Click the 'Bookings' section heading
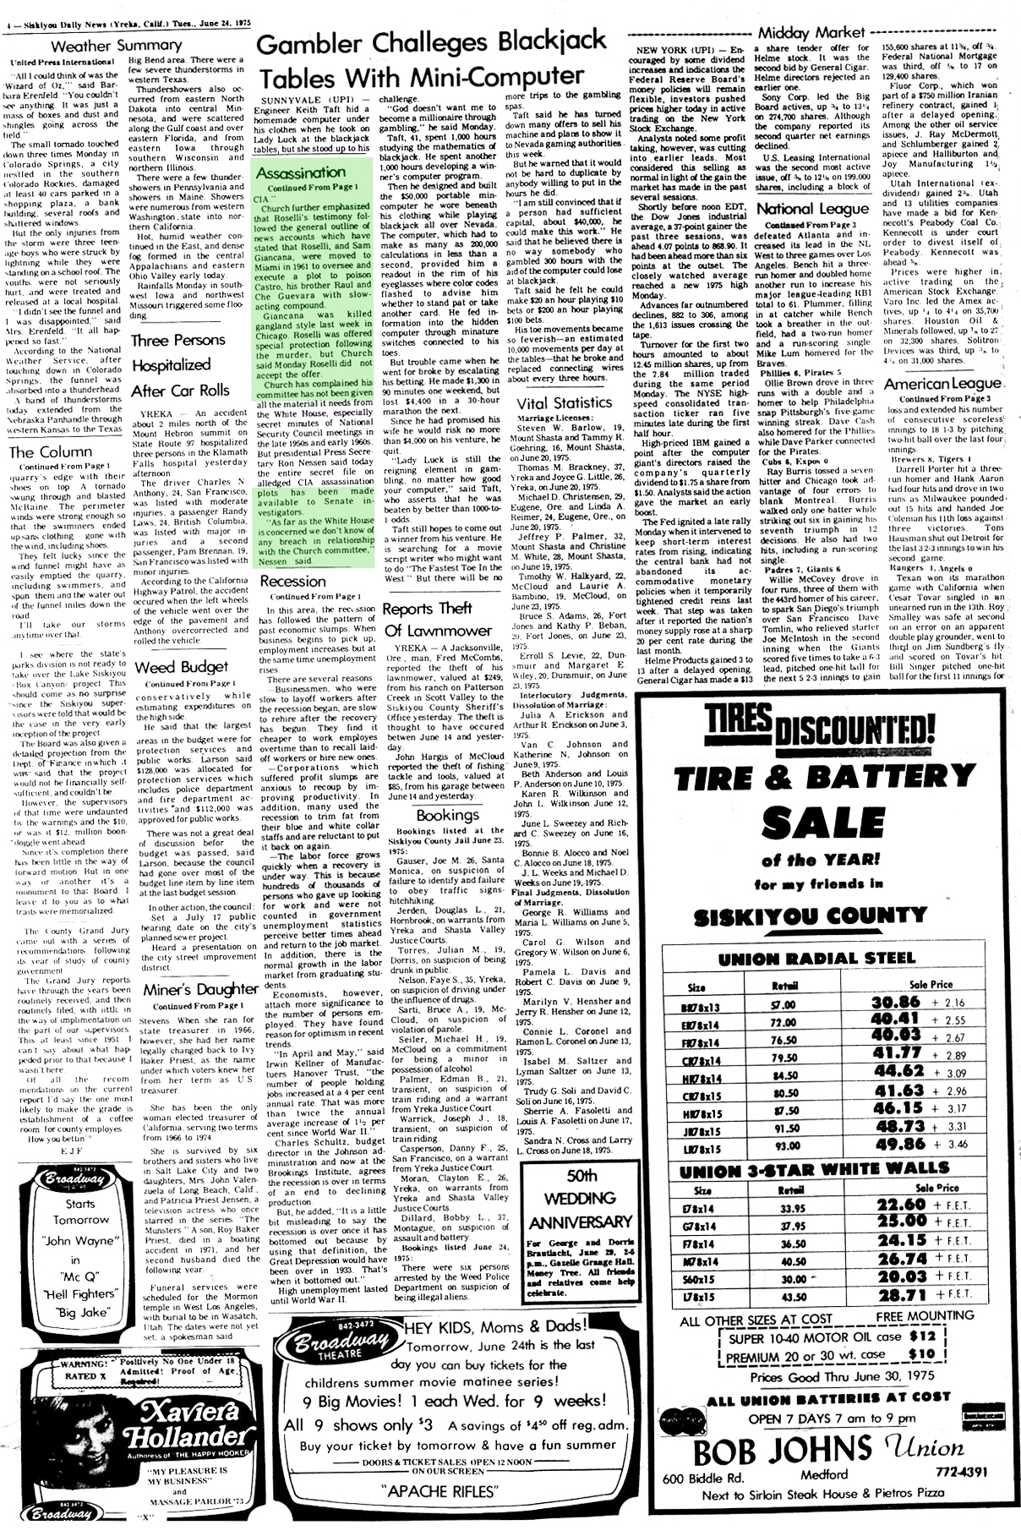(x=447, y=815)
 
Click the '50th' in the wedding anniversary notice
(x=559, y=1175)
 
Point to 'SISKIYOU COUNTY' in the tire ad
(x=810, y=916)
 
